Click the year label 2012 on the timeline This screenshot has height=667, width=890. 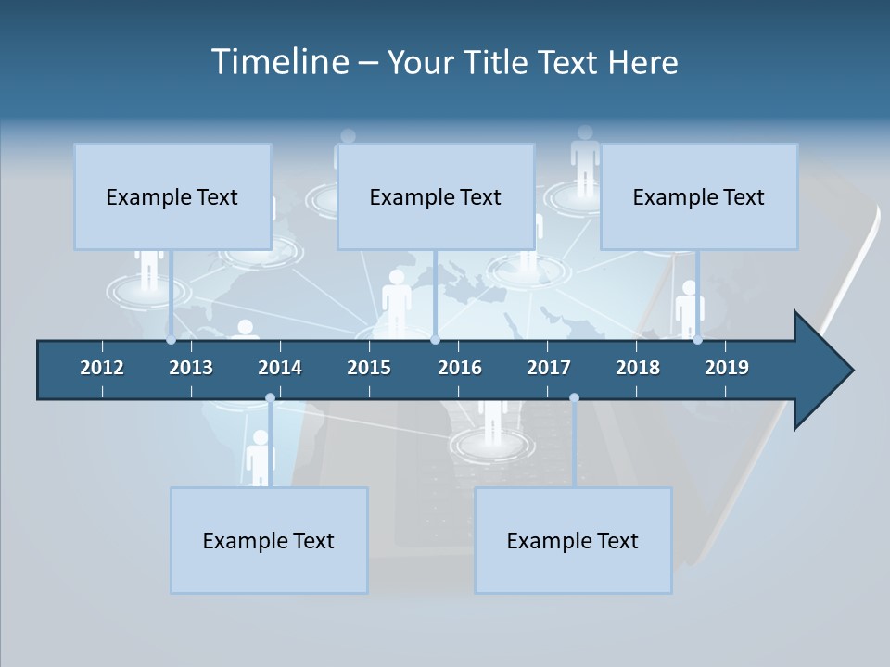(102, 368)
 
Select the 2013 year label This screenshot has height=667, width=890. (191, 368)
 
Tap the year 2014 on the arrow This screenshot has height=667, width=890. (280, 368)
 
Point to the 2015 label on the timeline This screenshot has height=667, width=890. (369, 368)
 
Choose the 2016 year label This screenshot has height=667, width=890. (460, 368)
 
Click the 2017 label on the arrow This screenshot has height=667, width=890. (549, 368)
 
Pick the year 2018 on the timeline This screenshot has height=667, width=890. (638, 368)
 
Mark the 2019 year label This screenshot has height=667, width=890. (727, 368)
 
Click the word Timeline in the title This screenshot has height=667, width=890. (279, 62)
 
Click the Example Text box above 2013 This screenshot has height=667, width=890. (172, 196)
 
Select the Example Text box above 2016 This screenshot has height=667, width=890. (436, 196)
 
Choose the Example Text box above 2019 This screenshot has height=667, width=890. (699, 196)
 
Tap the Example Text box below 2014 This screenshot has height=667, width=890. (269, 540)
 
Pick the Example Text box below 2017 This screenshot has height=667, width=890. (573, 540)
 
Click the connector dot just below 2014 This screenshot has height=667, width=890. (270, 398)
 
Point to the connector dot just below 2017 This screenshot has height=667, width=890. (574, 398)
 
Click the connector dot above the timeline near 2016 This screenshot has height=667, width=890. (435, 340)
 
